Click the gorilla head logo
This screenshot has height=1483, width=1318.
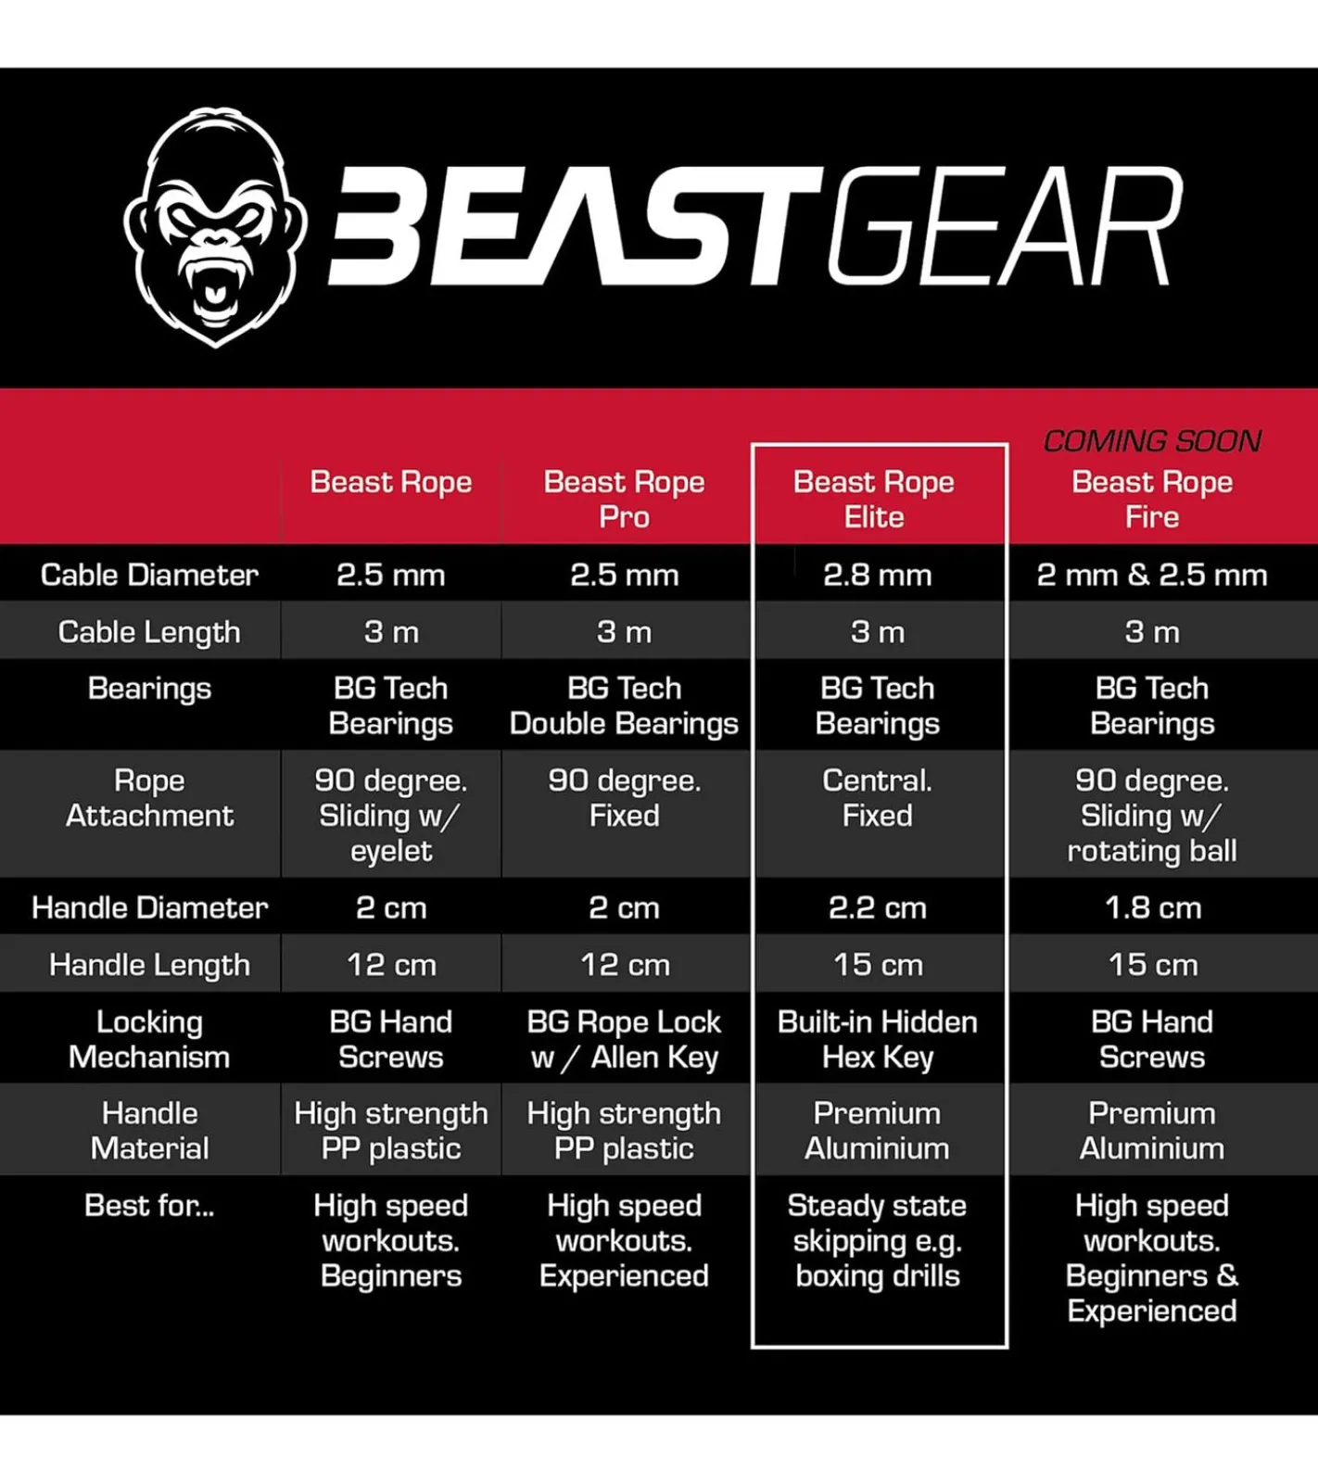[216, 227]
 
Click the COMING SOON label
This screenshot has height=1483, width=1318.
[1152, 440]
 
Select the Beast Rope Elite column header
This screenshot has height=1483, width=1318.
[874, 499]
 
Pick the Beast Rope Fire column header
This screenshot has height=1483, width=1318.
[1152, 499]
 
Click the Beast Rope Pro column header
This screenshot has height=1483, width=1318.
[624, 499]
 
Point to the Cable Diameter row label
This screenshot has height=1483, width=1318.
[149, 575]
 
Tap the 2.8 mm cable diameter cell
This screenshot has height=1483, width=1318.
[878, 575]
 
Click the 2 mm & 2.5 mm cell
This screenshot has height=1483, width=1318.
[1152, 575]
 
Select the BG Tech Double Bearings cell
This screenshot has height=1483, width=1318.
[624, 705]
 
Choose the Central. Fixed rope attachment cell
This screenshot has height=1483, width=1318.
[878, 797]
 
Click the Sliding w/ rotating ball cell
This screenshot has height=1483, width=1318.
[1152, 815]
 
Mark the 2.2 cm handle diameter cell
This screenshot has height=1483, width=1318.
[878, 907]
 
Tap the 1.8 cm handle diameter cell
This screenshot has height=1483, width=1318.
[1152, 907]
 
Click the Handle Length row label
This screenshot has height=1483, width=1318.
[149, 965]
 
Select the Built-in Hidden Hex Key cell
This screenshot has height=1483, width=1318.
[878, 1039]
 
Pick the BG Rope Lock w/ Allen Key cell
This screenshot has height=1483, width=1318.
[624, 1039]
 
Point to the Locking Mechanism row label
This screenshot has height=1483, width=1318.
[149, 1039]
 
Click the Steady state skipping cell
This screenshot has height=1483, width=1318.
[878, 1240]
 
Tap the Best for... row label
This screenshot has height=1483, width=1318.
[149, 1205]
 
